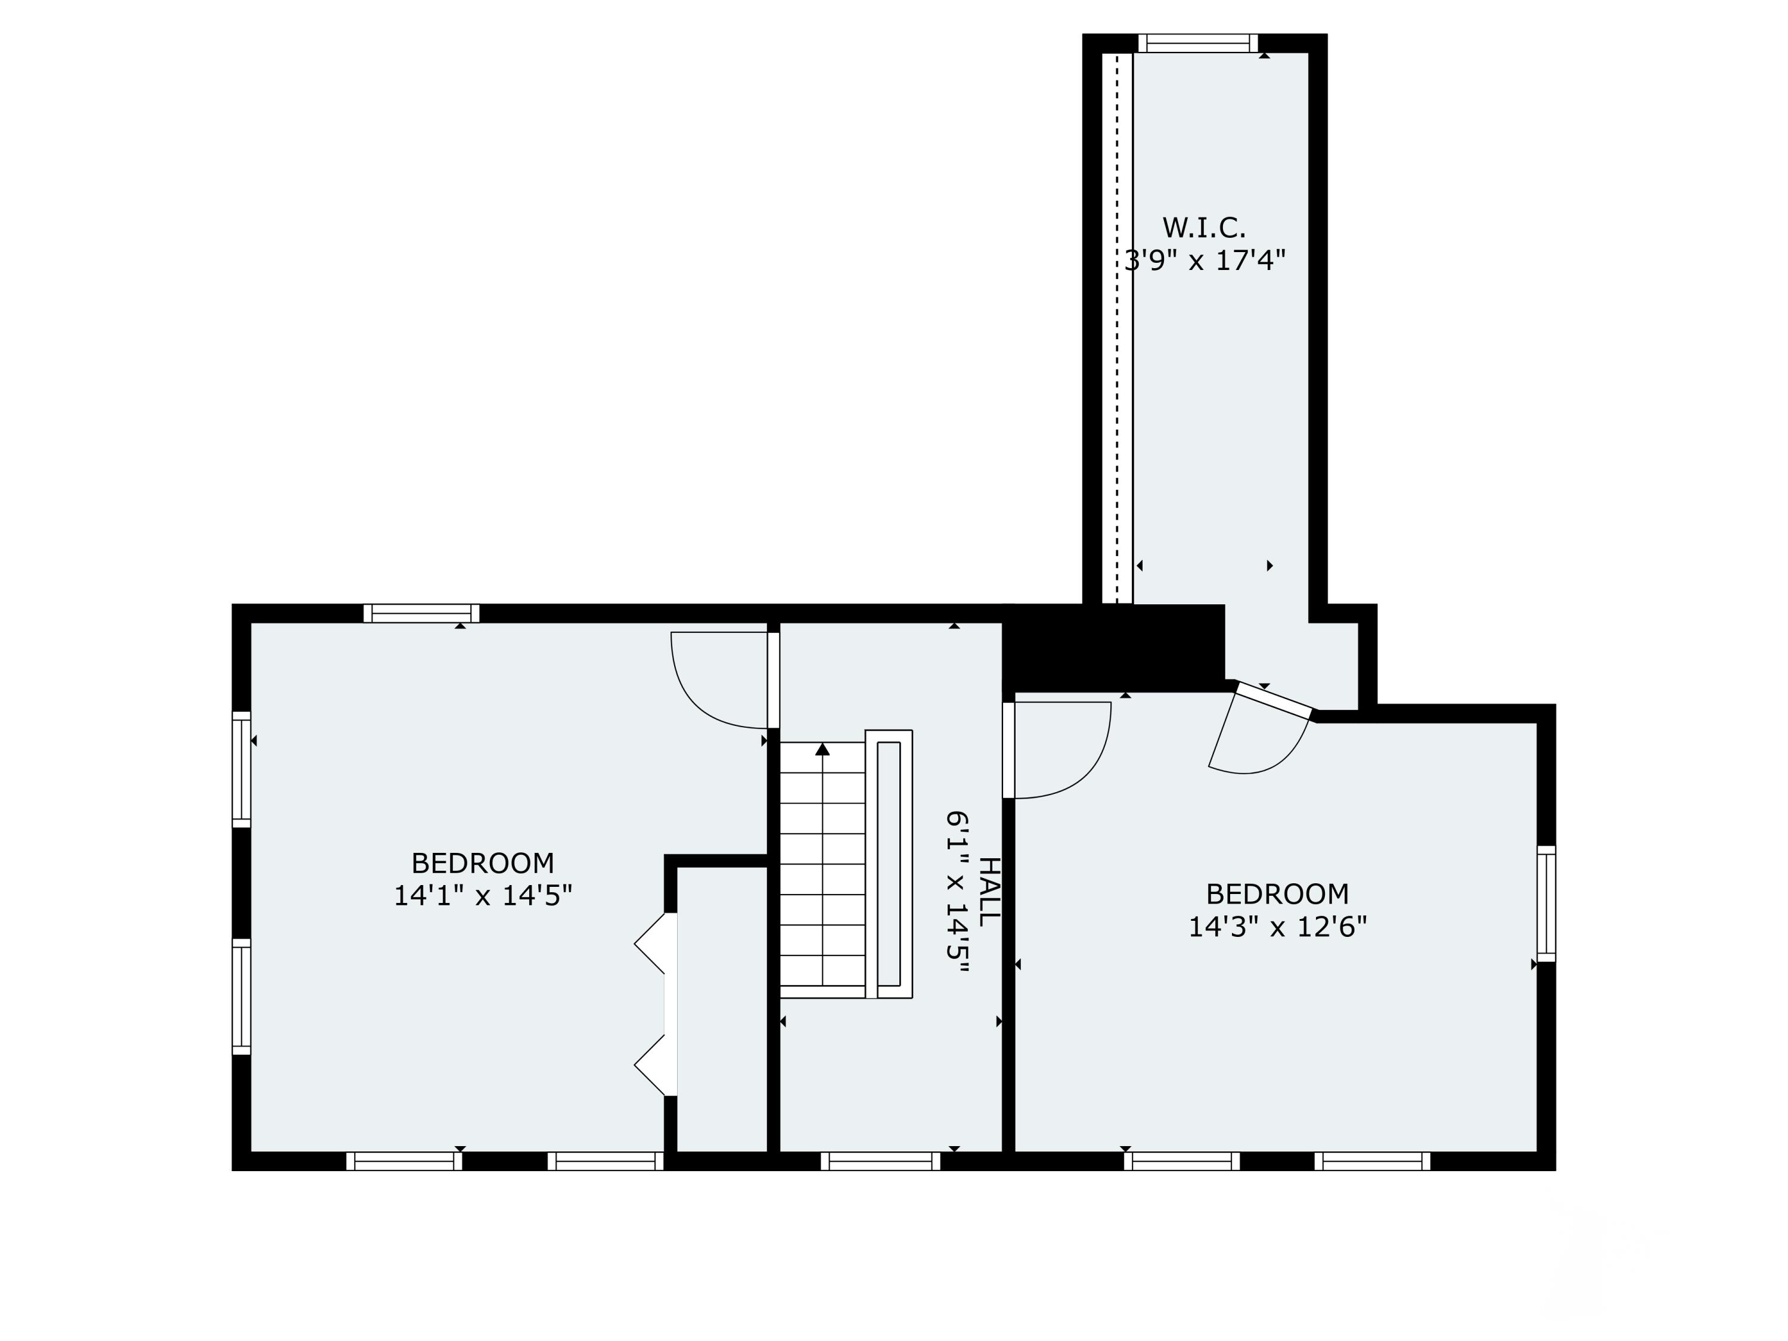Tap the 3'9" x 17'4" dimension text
coord(1205,261)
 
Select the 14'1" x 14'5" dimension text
coord(483,896)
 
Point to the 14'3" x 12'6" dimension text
coord(1277,926)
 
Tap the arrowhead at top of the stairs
coord(822,749)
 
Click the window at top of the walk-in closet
coord(1198,43)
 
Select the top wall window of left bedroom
coord(421,613)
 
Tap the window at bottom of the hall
coord(880,1162)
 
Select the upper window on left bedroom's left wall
coord(242,769)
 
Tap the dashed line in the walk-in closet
coord(1117,323)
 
